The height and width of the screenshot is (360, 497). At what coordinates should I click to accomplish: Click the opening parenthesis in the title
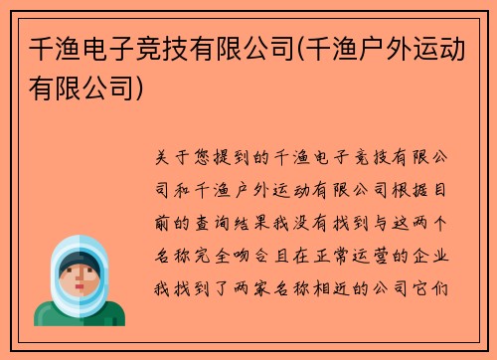pos(280,47)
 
